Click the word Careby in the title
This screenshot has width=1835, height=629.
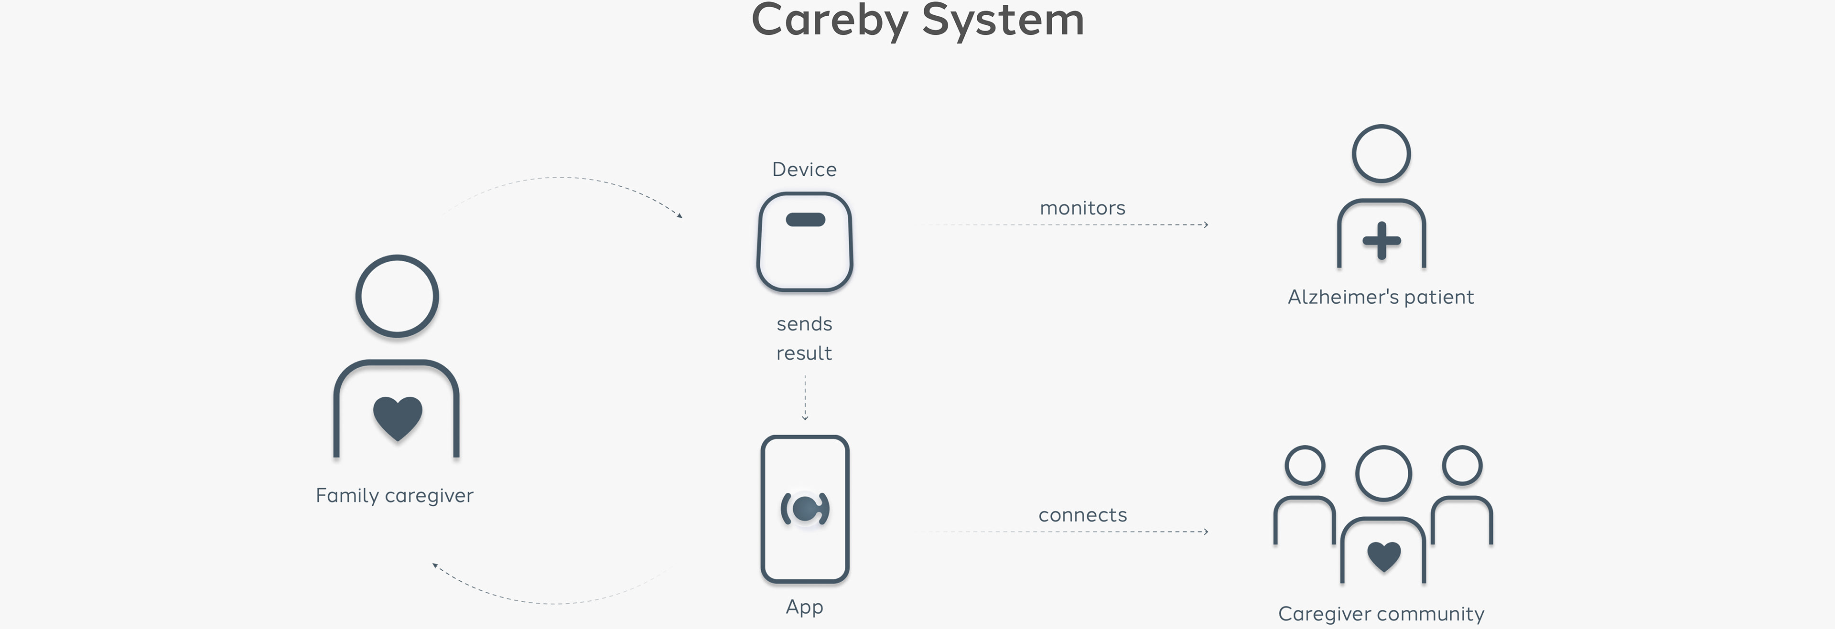(x=829, y=20)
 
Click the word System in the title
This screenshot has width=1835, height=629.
(x=1003, y=20)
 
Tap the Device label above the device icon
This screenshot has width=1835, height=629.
(x=804, y=170)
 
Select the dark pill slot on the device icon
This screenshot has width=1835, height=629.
(x=805, y=219)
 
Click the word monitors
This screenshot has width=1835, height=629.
(x=1082, y=208)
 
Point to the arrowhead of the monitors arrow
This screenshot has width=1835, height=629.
(x=1205, y=224)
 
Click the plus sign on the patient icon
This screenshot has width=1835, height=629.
(x=1381, y=241)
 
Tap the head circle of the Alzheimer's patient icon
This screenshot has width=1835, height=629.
(x=1381, y=154)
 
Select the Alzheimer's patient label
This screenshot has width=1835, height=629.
(x=1381, y=297)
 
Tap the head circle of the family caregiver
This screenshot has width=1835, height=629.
(x=397, y=296)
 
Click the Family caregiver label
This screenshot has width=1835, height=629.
(x=394, y=496)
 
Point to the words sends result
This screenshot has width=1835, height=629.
(x=804, y=338)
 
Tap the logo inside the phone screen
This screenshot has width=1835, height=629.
(x=805, y=509)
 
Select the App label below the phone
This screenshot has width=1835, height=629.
(x=804, y=607)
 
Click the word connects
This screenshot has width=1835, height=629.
(x=1082, y=515)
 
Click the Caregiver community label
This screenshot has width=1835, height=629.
(x=1381, y=614)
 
